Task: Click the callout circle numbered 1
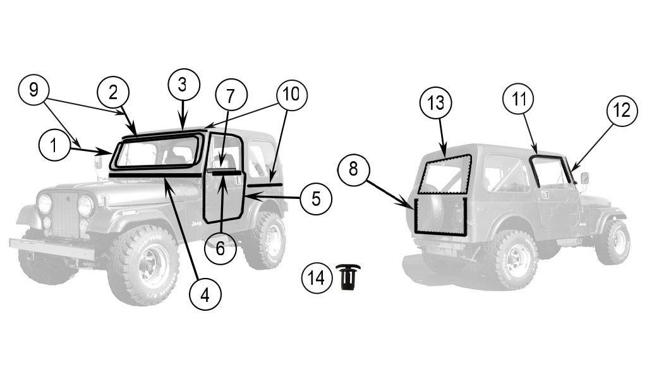tap(54, 147)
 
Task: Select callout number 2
tap(112, 92)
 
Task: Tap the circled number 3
tap(183, 84)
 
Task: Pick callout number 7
tap(230, 96)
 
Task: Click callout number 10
tap(291, 95)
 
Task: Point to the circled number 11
tap(518, 99)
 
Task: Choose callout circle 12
tap(622, 111)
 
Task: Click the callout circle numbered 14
tap(317, 277)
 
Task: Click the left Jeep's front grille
tap(66, 215)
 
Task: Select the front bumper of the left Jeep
tap(51, 248)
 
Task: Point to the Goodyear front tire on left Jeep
tap(143, 265)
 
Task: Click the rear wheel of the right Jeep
tap(512, 258)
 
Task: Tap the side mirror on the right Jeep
tap(584, 178)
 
